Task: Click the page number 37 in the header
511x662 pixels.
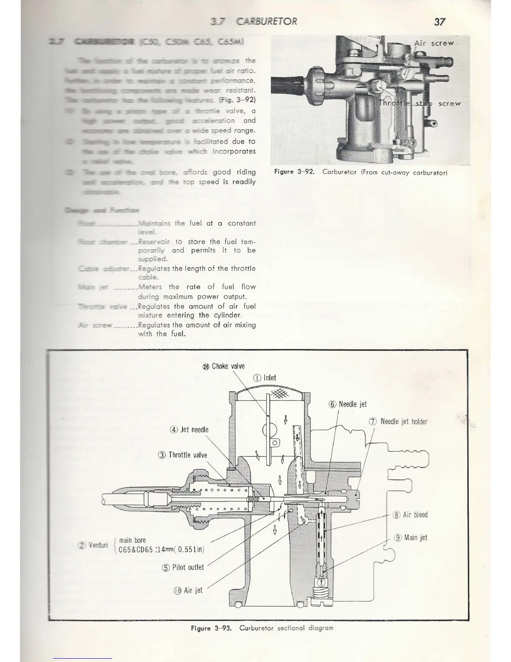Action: tap(440, 22)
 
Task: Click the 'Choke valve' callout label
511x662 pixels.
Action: tap(224, 367)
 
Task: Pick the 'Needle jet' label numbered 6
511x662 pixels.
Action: tap(348, 404)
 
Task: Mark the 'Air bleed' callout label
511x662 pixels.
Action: tap(410, 515)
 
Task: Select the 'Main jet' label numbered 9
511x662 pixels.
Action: tap(411, 537)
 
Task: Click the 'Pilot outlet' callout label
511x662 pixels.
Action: tap(183, 568)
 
